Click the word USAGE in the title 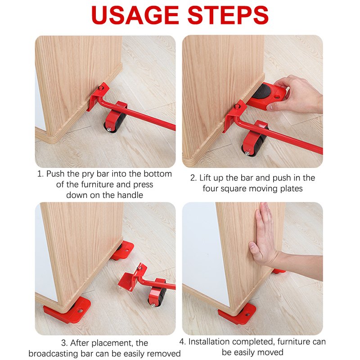pyautogui.click(x=135, y=15)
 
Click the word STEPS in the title pyautogui.click(x=228, y=15)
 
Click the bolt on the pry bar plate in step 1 pyautogui.click(x=100, y=88)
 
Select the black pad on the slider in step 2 pyautogui.click(x=262, y=91)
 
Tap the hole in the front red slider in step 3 pyautogui.click(x=80, y=311)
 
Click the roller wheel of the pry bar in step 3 pyautogui.click(x=158, y=297)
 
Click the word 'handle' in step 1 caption pyautogui.click(x=130, y=195)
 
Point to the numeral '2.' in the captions pyautogui.click(x=193, y=178)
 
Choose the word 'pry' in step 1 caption pyautogui.click(x=88, y=175)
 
